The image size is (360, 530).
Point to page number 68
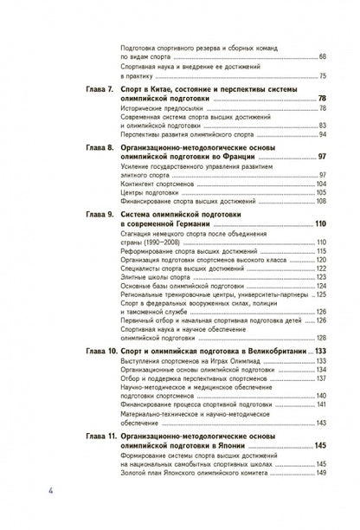(321, 56)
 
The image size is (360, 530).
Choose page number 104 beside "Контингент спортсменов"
(320, 184)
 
